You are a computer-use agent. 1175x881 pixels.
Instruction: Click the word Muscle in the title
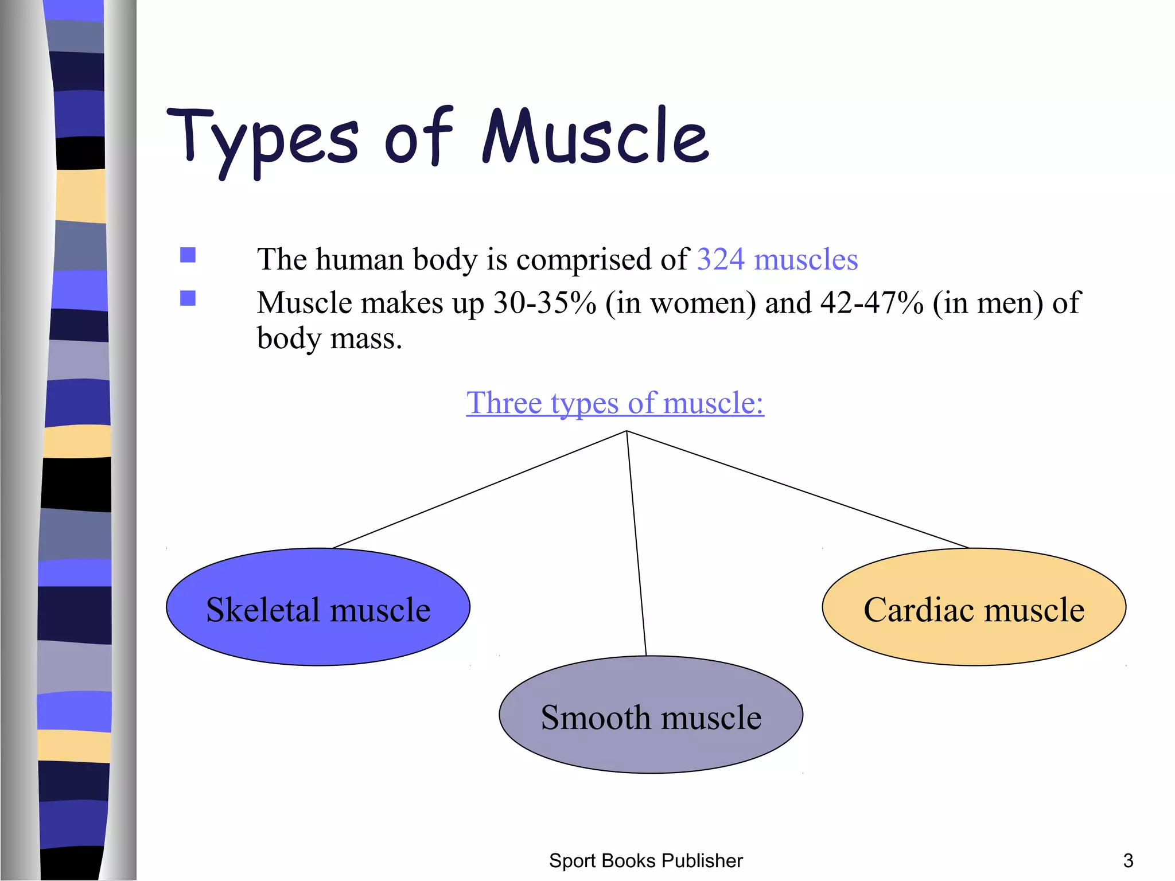[x=595, y=137]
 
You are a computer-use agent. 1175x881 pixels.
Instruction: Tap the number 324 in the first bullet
[x=721, y=259]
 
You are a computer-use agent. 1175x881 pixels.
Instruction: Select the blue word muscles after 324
[x=806, y=259]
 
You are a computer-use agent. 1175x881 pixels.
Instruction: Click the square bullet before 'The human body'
[x=188, y=255]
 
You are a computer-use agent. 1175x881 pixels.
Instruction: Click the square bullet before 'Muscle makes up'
[x=188, y=298]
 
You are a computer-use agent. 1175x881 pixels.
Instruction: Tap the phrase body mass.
[x=329, y=338]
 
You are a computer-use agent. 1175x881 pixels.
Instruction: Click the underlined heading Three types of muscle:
[x=614, y=403]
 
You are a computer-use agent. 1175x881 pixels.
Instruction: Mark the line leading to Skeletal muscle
[x=480, y=489]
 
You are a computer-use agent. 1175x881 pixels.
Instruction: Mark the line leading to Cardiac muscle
[x=797, y=489]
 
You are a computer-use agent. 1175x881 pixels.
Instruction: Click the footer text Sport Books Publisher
[x=645, y=861]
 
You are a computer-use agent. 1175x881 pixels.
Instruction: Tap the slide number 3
[x=1127, y=861]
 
